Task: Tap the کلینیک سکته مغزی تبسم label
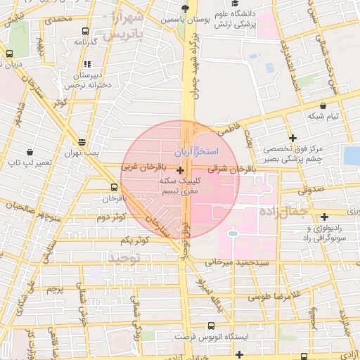181,186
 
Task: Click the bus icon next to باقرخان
115,187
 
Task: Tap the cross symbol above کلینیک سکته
181,170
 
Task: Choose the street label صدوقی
309,190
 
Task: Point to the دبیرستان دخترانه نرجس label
89,79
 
